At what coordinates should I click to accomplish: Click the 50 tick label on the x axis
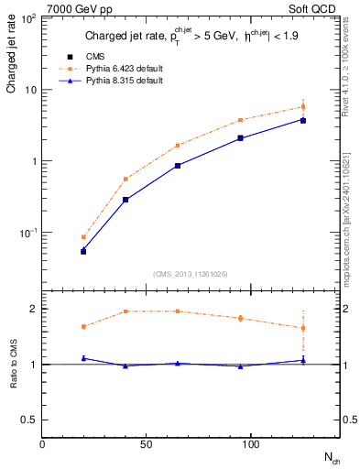(146, 444)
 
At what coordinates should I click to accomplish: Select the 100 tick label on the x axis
(249, 444)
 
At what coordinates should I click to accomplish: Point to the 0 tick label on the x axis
(42, 444)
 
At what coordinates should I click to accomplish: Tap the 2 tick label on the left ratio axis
(32, 309)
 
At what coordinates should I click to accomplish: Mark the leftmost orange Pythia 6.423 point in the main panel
(83, 236)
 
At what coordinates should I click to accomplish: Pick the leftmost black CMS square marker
(83, 251)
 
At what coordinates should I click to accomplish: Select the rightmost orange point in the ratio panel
(303, 327)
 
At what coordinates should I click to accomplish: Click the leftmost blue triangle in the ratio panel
(83, 358)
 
